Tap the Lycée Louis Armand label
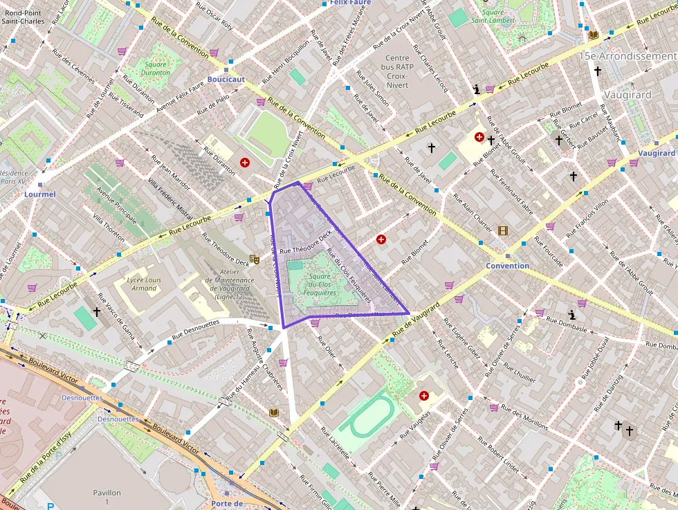[144, 284]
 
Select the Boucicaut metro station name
[226, 80]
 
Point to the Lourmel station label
[39, 194]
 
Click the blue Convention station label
[507, 266]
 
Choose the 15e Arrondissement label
[627, 55]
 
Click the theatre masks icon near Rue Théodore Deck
[254, 259]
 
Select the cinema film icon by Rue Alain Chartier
[502, 230]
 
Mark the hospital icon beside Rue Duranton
[244, 163]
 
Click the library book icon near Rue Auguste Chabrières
[274, 412]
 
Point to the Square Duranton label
[156, 68]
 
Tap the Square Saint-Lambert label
[493, 16]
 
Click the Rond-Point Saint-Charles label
[23, 16]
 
